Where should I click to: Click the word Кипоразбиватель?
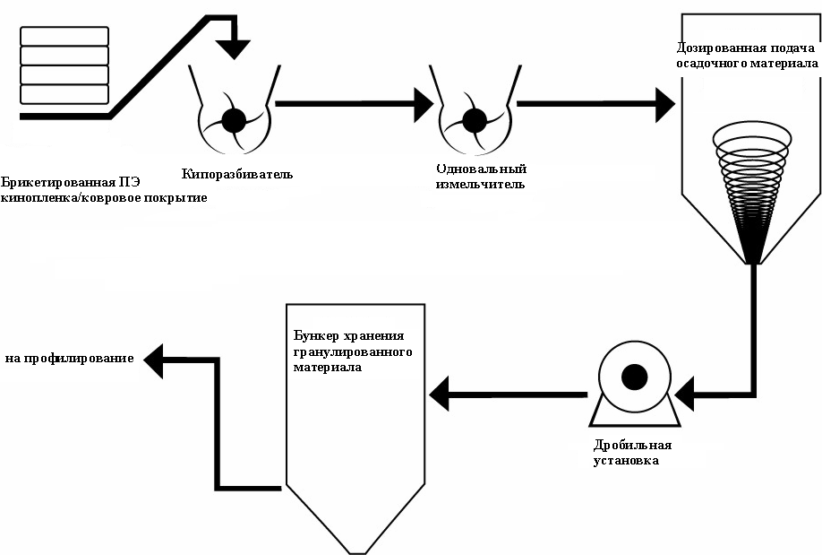(x=236, y=173)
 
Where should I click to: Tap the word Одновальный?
(x=481, y=169)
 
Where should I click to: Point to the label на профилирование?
(x=70, y=359)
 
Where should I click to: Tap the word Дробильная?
(x=632, y=446)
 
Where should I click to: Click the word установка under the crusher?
(x=627, y=461)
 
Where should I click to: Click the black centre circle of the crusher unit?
(x=634, y=377)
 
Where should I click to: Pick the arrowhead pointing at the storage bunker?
(x=441, y=392)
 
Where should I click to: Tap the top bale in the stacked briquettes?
(x=64, y=36)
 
